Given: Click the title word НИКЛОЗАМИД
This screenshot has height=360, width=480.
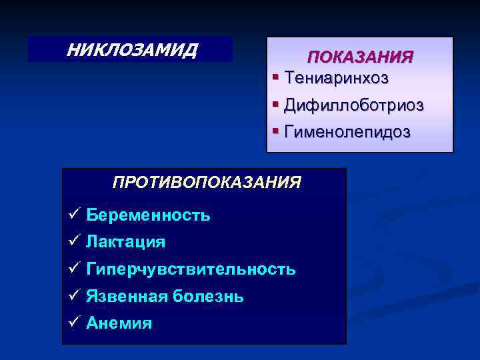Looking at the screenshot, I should pos(131,49).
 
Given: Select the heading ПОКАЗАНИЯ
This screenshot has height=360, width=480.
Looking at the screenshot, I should pos(360,57).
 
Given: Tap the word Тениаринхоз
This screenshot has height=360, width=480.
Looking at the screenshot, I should pos(337,78).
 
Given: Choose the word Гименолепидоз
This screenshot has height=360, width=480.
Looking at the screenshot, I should pos(347,131).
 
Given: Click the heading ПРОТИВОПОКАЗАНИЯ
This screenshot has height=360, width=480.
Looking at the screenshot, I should pos(207,182).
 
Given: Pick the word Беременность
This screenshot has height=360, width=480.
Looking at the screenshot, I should pos(148,215).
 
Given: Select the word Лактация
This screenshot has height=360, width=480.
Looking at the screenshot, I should pos(125,241).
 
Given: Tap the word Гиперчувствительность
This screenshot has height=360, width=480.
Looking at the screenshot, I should pos(191,269).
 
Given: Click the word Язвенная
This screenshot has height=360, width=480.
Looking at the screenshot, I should pos(127,296).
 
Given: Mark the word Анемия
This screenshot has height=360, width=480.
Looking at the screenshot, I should pos(119,323).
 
